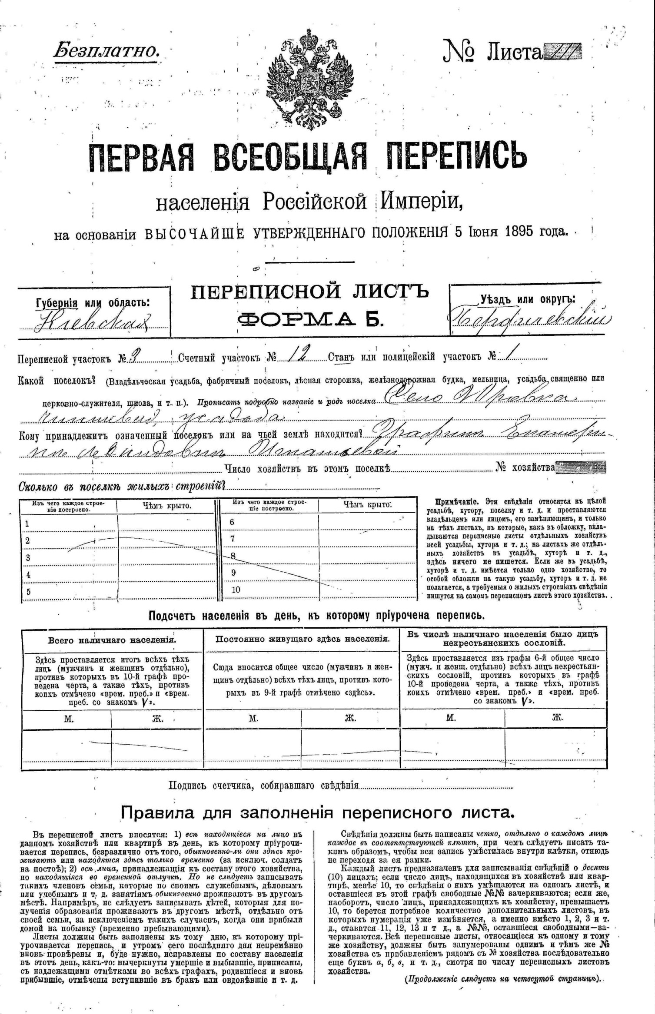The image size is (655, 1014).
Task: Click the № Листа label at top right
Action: click(x=493, y=52)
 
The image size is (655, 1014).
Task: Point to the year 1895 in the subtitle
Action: click(x=519, y=231)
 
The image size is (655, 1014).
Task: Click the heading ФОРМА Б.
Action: click(x=310, y=320)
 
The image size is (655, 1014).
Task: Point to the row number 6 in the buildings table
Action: click(x=232, y=522)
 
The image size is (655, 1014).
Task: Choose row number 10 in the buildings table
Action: click(x=236, y=590)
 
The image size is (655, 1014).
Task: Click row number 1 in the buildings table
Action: click(x=27, y=524)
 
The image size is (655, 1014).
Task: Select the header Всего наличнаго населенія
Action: click(x=112, y=640)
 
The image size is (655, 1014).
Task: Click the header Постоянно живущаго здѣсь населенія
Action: click(x=303, y=639)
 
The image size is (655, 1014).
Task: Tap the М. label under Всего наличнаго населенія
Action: click(x=69, y=719)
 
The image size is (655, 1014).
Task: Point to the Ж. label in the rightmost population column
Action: click(x=558, y=717)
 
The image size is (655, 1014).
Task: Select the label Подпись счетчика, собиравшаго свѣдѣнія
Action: click(x=263, y=785)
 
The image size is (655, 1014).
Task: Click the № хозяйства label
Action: click(x=525, y=467)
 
